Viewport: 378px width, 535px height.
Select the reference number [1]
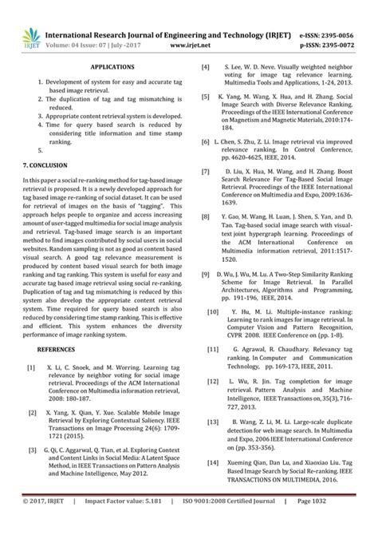[x=30, y=346]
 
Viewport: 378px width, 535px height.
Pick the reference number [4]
[x=206, y=68]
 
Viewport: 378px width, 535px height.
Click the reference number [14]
[x=213, y=462]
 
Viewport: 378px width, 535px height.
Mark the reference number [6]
[x=206, y=139]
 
